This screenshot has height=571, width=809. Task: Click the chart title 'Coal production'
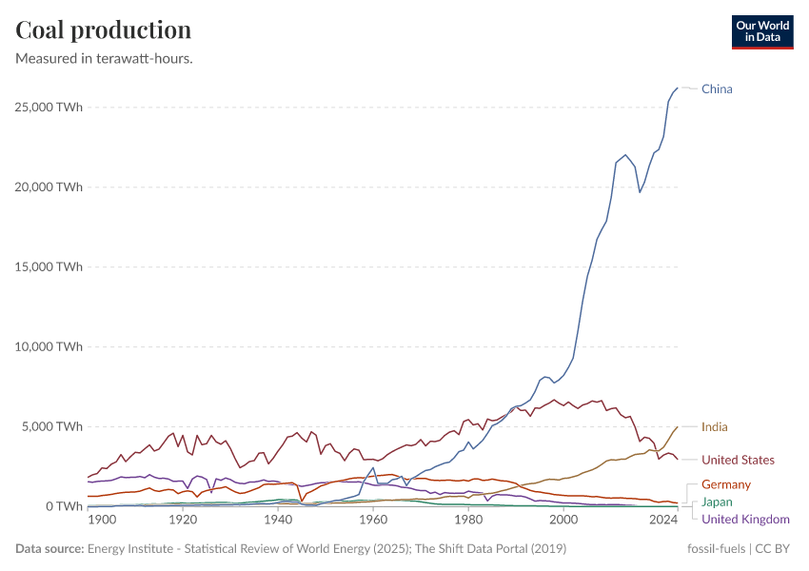[103, 30]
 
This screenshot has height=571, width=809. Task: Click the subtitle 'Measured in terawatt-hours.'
[105, 58]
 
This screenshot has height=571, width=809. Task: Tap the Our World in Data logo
[761, 31]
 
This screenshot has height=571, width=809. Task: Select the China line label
[717, 89]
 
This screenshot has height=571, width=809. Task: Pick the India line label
[714, 427]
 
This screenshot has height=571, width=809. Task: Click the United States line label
[738, 461]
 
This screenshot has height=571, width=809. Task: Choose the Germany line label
[726, 485]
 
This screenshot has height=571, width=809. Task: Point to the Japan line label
[717, 502]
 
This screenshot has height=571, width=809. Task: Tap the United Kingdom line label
[745, 520]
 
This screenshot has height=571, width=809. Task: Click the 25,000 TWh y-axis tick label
[49, 107]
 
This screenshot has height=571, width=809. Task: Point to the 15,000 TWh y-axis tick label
[49, 266]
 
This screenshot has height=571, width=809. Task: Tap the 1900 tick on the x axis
[102, 521]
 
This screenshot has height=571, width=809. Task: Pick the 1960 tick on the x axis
[373, 521]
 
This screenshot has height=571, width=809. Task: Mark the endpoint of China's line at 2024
[678, 88]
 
